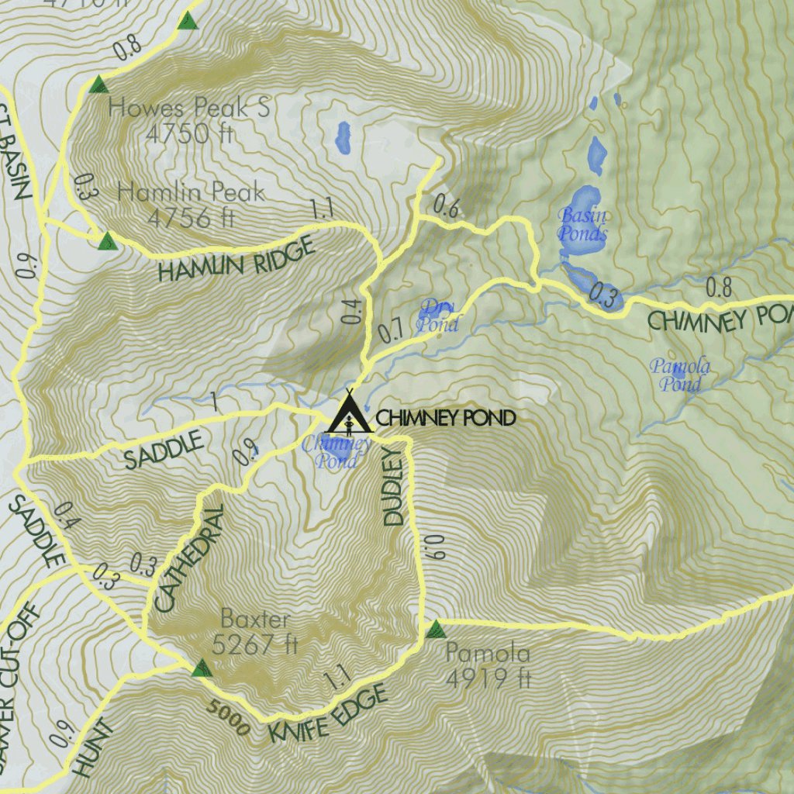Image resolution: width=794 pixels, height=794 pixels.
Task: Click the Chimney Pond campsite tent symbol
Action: point(349,413)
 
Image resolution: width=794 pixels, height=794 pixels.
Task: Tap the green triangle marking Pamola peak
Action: point(435,629)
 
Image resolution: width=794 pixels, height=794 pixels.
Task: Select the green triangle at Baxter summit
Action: point(202,668)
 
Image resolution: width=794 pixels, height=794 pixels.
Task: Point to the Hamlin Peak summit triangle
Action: point(107,241)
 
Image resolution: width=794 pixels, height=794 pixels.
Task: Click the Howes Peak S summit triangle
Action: point(98,85)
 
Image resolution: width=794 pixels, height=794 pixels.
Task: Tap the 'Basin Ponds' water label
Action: point(583,224)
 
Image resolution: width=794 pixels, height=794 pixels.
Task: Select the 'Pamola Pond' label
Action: point(680,375)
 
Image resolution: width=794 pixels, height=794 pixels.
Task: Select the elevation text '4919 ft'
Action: point(488,678)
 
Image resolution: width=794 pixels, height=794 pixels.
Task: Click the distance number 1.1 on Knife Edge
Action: point(337,679)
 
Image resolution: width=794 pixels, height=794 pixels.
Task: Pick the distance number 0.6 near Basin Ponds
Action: point(446,206)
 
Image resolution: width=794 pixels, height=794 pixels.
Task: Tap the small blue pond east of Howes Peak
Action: point(343,137)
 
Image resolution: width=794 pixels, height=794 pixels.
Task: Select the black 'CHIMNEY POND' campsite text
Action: point(445,419)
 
